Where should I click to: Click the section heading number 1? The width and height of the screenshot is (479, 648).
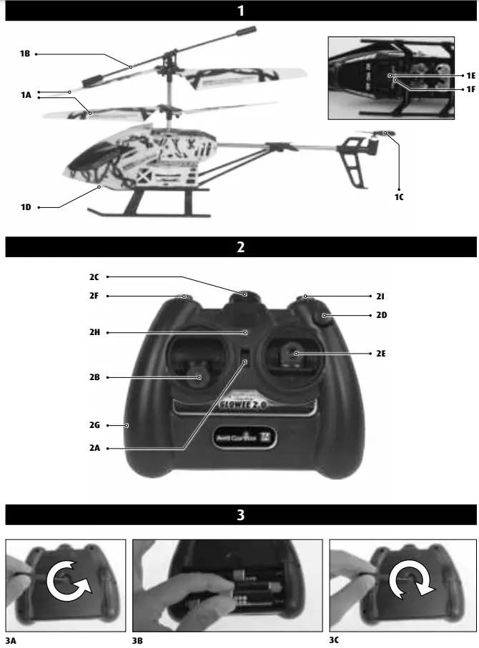coord(241,11)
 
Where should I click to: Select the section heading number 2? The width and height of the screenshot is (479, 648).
coord(241,247)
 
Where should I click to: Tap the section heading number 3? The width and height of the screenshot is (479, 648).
coord(241,514)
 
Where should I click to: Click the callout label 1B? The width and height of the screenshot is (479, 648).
coord(25,54)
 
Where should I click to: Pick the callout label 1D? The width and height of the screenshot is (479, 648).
coord(26,207)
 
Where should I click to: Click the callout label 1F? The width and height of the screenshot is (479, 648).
coord(470,89)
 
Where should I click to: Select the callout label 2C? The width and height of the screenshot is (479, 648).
coord(94,276)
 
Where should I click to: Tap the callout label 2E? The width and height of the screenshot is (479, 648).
coord(380,353)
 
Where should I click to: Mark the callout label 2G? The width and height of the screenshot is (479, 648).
coord(94,425)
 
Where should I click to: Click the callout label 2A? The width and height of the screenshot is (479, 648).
coord(94,448)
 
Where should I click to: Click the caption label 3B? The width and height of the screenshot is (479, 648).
coord(138,640)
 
